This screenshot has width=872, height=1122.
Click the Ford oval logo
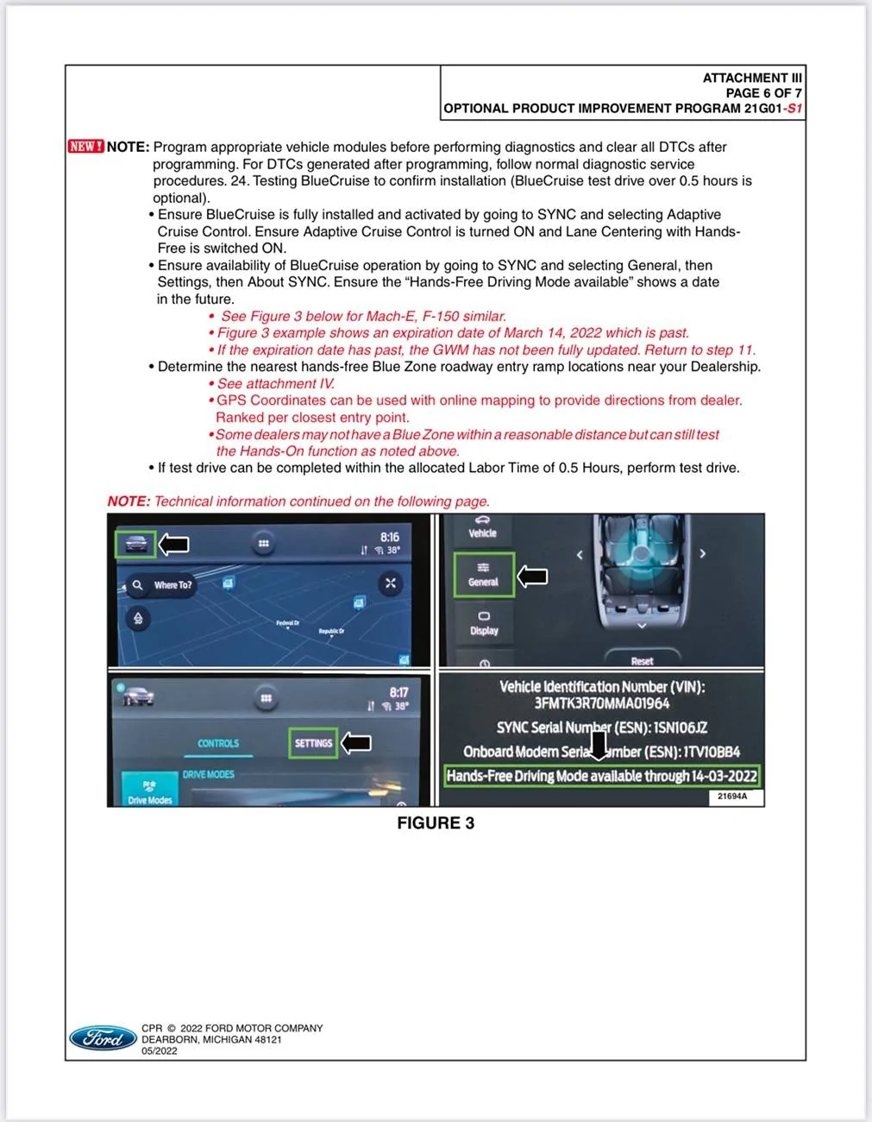[x=103, y=1038]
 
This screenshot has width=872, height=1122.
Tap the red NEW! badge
[x=85, y=147]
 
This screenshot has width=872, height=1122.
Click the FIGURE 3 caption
[x=436, y=823]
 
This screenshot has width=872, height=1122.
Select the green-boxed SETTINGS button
[x=313, y=743]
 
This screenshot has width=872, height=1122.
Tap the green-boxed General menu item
[x=483, y=575]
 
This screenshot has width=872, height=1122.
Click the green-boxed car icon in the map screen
[x=135, y=544]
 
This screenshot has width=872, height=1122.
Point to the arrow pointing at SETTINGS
[x=356, y=743]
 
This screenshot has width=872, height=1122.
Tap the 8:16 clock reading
[x=389, y=537]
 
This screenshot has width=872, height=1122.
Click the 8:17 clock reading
[x=398, y=692]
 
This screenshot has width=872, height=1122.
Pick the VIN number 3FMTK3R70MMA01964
[x=601, y=703]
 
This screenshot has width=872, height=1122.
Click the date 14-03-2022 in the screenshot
[x=724, y=776]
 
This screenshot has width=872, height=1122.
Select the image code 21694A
[x=732, y=797]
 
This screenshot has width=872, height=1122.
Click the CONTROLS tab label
[x=218, y=743]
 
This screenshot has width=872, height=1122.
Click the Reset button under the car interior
[x=642, y=660]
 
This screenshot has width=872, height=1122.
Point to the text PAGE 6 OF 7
[x=763, y=93]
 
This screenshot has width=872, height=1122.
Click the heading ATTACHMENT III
[x=751, y=78]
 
